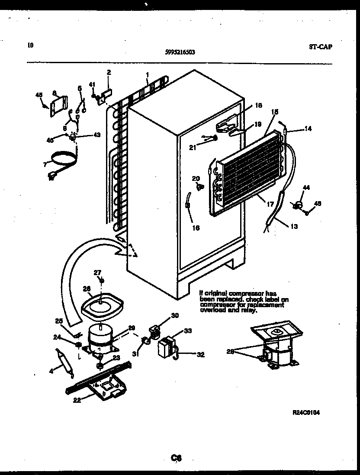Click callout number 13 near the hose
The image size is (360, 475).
click(x=294, y=225)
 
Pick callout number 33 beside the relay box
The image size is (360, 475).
click(x=188, y=331)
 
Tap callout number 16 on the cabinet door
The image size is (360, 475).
click(x=196, y=228)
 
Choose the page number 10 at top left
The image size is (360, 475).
click(x=29, y=45)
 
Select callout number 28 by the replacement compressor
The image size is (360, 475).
click(x=231, y=352)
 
